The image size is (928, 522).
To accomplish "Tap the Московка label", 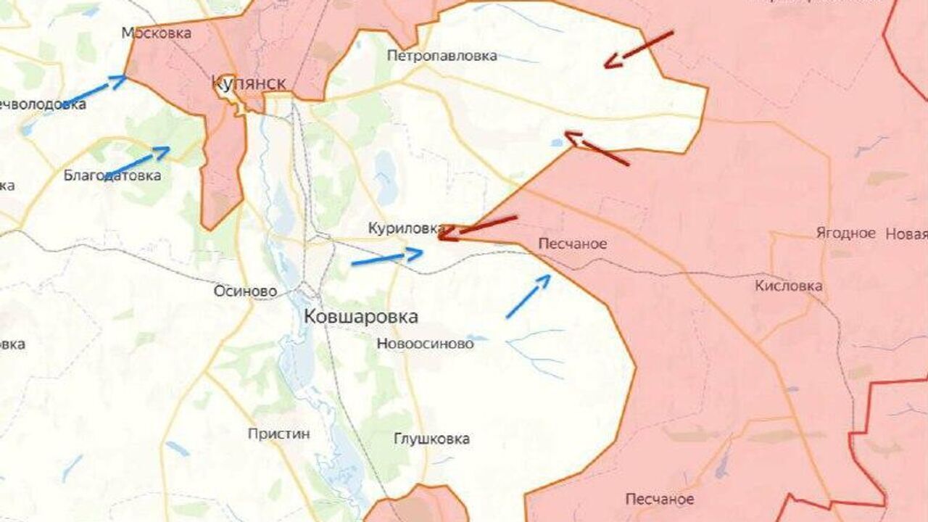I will (x=157, y=33).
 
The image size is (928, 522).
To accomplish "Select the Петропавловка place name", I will (x=442, y=56).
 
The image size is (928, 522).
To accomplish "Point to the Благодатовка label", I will (x=112, y=175).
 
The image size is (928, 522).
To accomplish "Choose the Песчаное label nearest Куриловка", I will (x=573, y=244).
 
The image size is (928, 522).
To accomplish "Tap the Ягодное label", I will (x=845, y=233).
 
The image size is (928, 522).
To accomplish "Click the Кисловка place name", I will (x=788, y=286).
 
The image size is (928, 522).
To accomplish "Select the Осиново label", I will (x=245, y=291).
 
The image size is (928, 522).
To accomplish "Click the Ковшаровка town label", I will (x=360, y=317).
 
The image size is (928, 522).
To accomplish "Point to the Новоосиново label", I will (x=425, y=344).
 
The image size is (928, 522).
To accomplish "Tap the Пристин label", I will (x=278, y=434).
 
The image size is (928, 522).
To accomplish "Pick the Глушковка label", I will (x=431, y=439).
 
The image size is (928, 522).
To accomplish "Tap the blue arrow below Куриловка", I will (x=386, y=257).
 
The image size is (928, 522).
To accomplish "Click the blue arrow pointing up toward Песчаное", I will (x=528, y=297).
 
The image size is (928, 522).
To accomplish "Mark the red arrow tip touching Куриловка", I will (x=442, y=233).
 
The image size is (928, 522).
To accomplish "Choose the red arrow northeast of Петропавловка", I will (x=639, y=49).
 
